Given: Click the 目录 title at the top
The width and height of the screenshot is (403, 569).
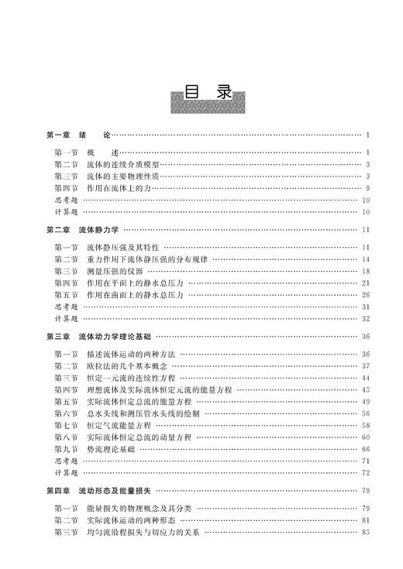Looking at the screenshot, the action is click(x=208, y=94).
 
